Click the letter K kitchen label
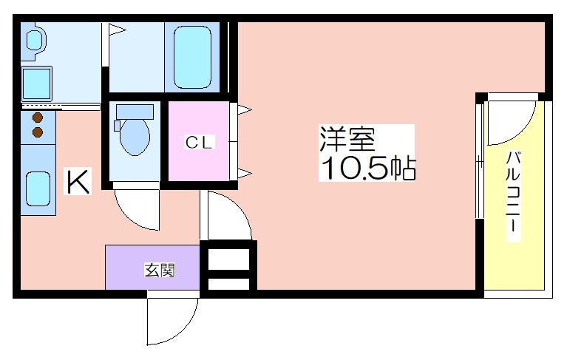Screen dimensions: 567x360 tap(78, 181)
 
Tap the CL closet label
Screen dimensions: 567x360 tap(198, 142)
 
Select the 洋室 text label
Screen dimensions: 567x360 tap(347, 139)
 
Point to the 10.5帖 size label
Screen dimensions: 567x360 tap(368, 168)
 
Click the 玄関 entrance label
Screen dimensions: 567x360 tap(160, 270)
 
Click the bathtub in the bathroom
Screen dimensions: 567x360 tap(192, 57)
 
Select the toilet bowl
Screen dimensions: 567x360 tap(135, 137)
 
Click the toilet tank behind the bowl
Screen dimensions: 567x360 tap(134, 112)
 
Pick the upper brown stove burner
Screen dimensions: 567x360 tap(38, 118)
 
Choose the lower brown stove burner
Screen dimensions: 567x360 tap(38, 132)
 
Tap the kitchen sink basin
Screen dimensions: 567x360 tap(38, 189)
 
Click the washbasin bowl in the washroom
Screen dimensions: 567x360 tap(35, 40)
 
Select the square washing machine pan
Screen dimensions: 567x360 tap(36, 84)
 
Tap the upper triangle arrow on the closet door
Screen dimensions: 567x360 tap(245, 109)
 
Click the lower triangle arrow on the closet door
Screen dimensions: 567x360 tap(245, 174)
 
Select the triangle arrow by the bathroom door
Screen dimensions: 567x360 tap(117, 30)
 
